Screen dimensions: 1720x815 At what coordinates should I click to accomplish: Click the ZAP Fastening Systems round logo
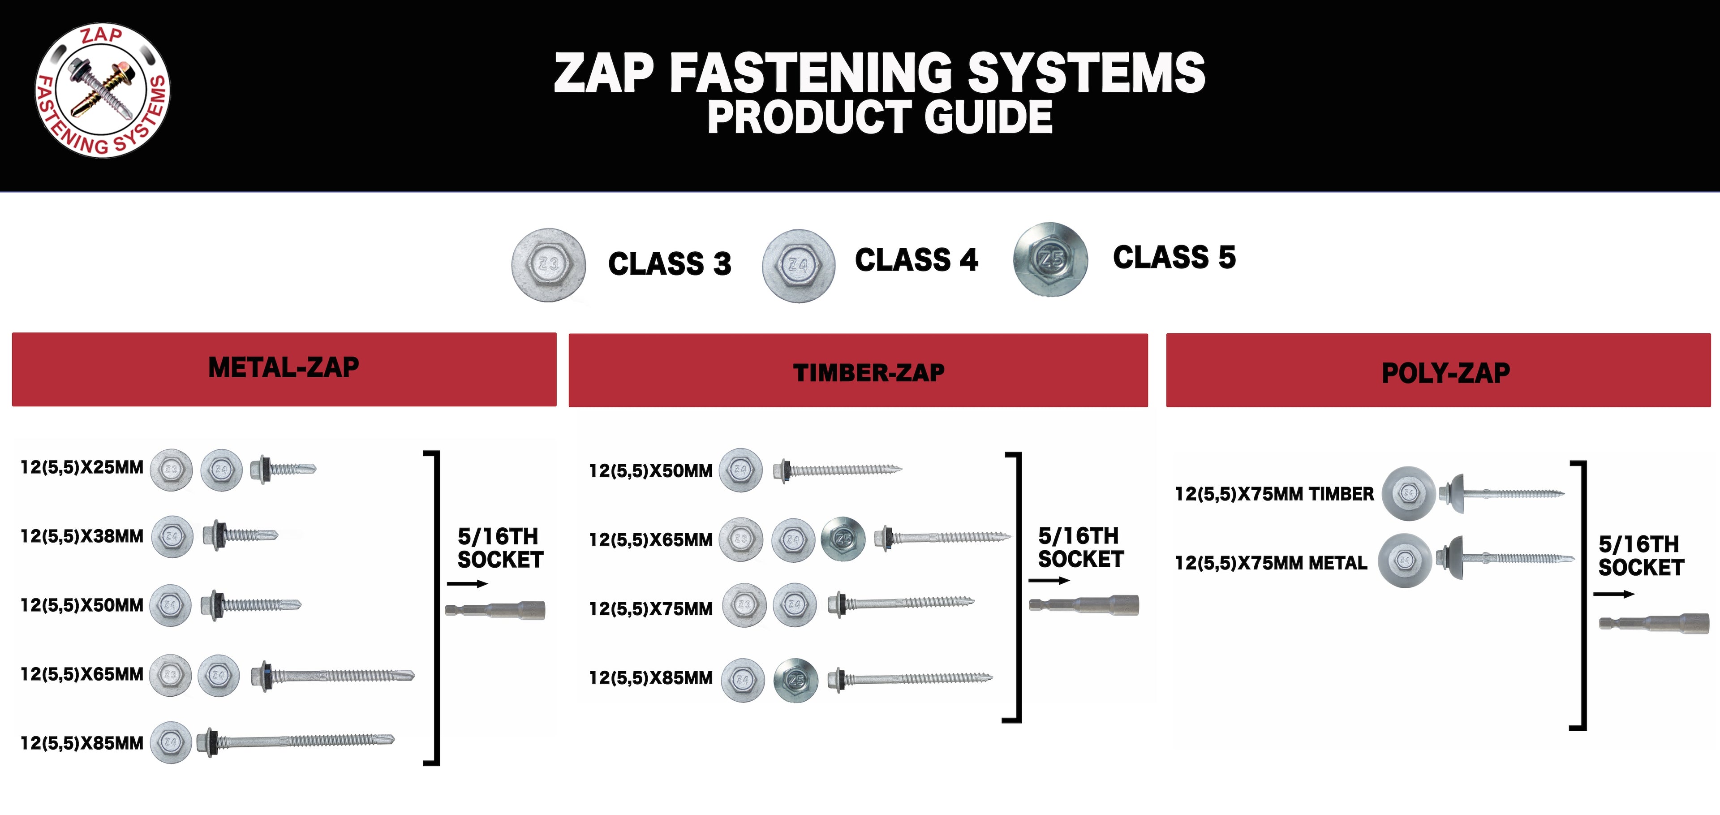pos(102,91)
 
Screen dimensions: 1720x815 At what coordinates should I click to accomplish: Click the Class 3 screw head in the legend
pos(549,264)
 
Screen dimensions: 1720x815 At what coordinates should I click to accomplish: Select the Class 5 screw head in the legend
pos(1050,259)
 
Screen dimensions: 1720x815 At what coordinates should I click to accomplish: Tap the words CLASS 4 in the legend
pos(916,260)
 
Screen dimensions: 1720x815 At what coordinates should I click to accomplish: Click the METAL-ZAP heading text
pos(284,367)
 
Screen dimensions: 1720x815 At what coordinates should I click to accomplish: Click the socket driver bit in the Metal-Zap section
pos(495,610)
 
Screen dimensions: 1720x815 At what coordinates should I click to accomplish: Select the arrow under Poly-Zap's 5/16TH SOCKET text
pos(1614,594)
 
